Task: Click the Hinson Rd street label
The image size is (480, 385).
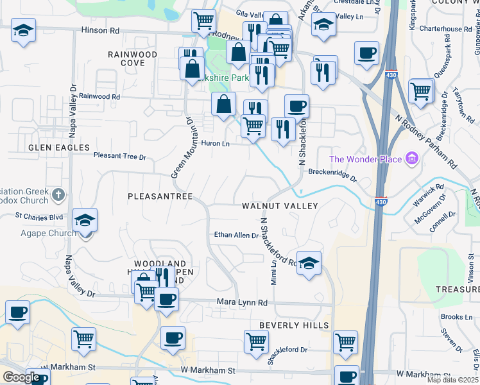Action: click(101, 30)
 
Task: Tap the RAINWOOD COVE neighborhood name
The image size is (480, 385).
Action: click(133, 59)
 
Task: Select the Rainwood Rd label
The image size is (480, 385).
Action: click(99, 97)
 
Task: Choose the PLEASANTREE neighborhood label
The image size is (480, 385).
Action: click(160, 196)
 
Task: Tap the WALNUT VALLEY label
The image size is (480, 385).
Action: click(280, 206)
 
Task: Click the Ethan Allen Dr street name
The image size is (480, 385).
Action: click(236, 235)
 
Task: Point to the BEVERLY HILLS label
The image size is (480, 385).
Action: click(294, 325)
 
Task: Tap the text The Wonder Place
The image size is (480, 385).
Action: click(366, 159)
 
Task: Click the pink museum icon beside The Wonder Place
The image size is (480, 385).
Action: click(411, 158)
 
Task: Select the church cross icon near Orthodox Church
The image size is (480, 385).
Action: click(58, 193)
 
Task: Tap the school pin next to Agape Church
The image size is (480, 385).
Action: click(85, 220)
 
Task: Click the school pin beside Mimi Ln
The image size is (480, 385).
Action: click(309, 262)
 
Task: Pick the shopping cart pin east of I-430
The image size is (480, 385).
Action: click(420, 90)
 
